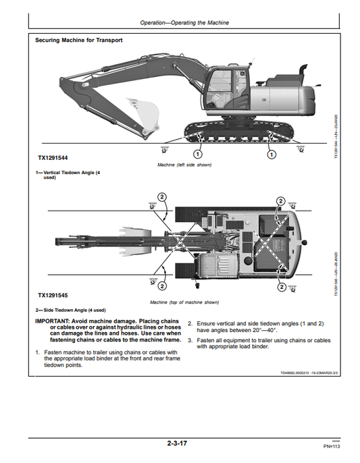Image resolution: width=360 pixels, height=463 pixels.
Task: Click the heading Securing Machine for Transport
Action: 79,40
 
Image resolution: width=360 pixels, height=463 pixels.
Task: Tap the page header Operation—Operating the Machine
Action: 184,23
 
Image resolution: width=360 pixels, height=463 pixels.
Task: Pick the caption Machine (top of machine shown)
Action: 184,302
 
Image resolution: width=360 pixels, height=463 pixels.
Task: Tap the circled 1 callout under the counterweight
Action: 272,154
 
